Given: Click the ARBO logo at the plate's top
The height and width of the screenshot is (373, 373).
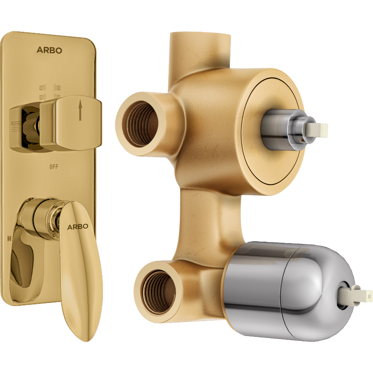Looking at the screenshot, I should click(x=49, y=50).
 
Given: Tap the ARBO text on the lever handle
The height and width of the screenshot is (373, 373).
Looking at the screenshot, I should click(x=78, y=226).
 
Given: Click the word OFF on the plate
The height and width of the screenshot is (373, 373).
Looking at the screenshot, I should click(x=54, y=167).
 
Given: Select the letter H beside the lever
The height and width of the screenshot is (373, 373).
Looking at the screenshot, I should click(x=8, y=237).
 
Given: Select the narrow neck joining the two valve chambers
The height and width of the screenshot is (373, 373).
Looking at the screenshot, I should click(x=209, y=220).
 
